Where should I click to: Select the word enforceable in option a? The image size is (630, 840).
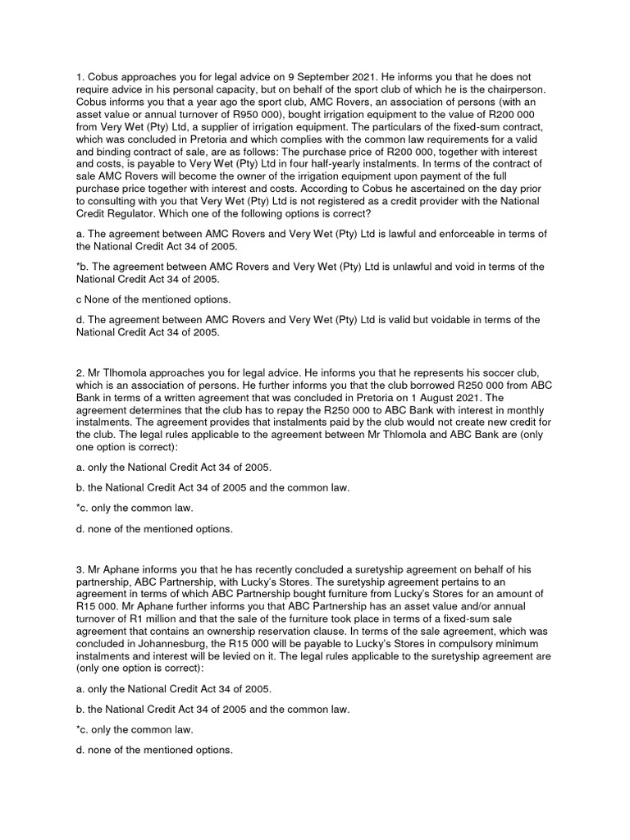click(x=444, y=235)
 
